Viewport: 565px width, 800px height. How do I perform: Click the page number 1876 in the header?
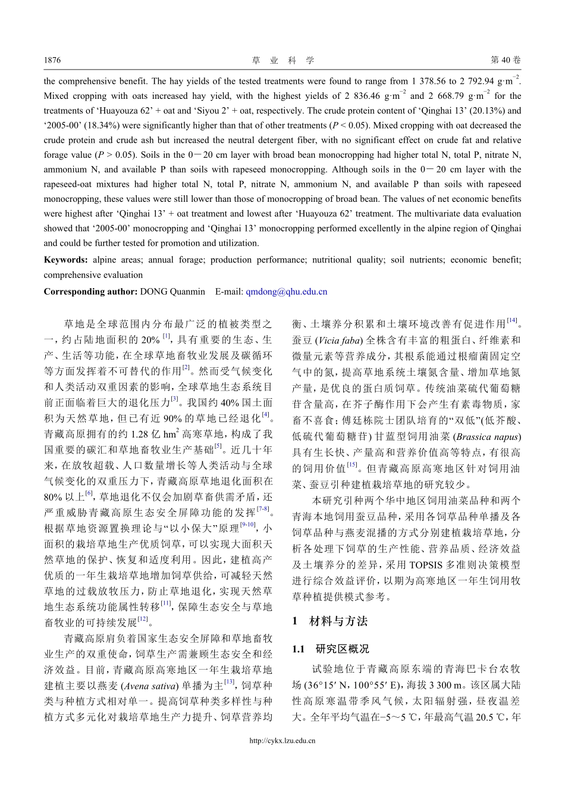click(x=52, y=60)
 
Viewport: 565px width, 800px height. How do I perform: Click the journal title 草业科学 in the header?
click(x=282, y=60)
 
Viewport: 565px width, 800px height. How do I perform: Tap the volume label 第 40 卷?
click(x=505, y=60)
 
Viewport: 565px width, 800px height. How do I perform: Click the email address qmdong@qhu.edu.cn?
click(x=287, y=292)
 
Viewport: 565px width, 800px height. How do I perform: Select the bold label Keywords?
click(x=65, y=260)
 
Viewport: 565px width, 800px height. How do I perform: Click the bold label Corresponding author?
click(x=90, y=292)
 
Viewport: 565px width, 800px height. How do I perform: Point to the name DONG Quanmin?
click(x=172, y=292)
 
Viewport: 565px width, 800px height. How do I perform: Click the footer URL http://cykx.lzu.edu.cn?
click(x=282, y=740)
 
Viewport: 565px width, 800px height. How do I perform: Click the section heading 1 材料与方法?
click(x=330, y=621)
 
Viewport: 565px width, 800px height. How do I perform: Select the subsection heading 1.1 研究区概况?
click(x=331, y=649)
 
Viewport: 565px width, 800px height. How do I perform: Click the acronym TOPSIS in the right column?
click(x=410, y=564)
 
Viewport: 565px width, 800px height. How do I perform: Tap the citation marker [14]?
click(x=512, y=321)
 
